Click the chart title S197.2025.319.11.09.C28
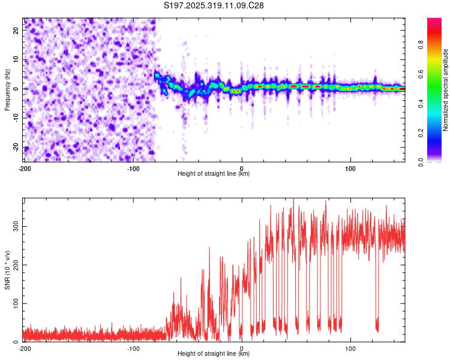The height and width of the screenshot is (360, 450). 214,5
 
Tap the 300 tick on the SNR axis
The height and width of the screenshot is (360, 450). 15,226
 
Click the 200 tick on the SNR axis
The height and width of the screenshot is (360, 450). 15,265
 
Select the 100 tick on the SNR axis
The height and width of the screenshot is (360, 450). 15,304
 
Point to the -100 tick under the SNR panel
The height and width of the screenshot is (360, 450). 133,349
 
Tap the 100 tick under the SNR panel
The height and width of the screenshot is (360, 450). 350,349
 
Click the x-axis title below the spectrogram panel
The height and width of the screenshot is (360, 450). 214,174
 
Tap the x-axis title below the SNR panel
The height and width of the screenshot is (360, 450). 214,354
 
